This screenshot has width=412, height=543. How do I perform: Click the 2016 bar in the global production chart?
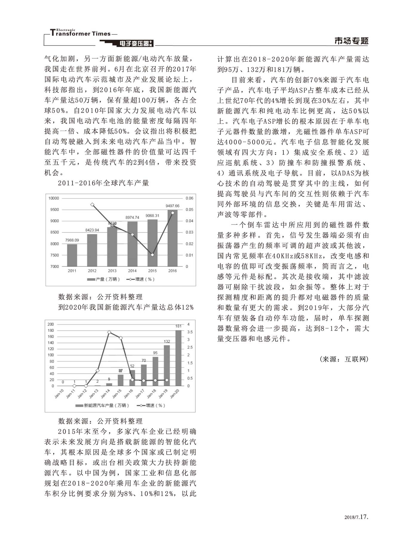(172, 238)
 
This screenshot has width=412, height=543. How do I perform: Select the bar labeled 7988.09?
(72, 255)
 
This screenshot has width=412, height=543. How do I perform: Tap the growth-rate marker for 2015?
(152, 255)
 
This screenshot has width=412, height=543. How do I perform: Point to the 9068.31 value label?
(152, 216)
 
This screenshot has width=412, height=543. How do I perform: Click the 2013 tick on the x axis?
(112, 271)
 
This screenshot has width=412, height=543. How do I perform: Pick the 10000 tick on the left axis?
(54, 198)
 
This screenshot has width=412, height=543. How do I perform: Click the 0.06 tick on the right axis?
(189, 198)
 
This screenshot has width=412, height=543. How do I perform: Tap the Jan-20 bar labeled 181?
(178, 358)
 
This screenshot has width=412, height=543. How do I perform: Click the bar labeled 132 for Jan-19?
(167, 365)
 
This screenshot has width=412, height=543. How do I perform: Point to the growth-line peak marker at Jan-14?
(109, 332)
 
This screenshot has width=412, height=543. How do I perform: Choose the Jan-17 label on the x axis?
(140, 394)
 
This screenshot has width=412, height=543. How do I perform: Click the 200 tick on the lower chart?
(51, 324)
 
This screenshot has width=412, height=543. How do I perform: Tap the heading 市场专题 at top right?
(351, 41)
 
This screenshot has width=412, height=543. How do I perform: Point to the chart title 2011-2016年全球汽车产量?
(103, 183)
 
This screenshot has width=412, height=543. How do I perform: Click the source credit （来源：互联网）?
(344, 359)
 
